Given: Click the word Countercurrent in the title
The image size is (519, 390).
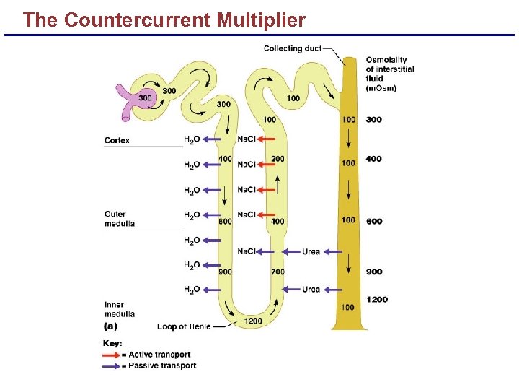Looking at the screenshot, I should (137, 20).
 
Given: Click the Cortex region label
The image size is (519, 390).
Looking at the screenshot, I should (117, 140).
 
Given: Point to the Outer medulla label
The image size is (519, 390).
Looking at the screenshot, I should (120, 219).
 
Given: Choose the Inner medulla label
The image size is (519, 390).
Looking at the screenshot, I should (119, 309).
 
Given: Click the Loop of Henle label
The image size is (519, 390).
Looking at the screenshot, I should (184, 326).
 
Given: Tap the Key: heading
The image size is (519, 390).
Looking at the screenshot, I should (113, 343).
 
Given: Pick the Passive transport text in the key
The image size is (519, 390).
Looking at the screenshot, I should (162, 366).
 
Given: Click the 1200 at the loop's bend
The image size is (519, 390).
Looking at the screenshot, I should (253, 321).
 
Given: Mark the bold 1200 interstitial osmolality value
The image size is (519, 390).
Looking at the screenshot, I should (376, 299).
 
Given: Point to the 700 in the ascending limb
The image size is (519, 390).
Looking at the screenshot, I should (278, 272).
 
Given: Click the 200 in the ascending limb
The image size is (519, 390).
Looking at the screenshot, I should (278, 159).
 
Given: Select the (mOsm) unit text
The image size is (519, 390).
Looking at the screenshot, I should (381, 88).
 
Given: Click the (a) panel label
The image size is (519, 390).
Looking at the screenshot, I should (111, 326).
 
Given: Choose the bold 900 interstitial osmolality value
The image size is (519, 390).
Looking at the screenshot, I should (373, 272).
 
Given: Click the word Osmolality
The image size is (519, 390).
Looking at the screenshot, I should (386, 60).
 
